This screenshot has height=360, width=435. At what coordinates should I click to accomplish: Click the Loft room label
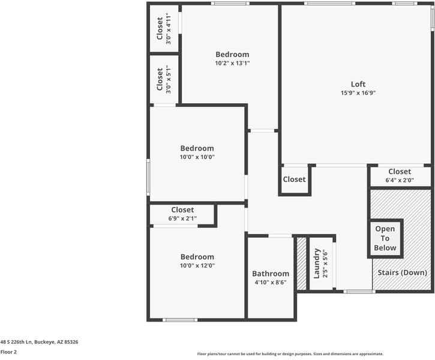click(x=358, y=84)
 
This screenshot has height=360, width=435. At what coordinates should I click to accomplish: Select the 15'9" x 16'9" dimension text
click(x=358, y=93)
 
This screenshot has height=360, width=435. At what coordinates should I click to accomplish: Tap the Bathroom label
click(x=270, y=274)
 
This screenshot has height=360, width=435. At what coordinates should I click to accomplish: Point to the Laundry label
click(x=316, y=263)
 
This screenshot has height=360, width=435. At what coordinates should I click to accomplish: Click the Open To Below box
click(x=385, y=238)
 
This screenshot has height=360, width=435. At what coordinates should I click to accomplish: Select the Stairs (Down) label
click(x=401, y=272)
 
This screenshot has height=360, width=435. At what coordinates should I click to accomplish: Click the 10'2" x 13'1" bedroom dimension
click(x=232, y=63)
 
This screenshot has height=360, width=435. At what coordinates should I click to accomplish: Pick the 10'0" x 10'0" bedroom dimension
click(x=197, y=157)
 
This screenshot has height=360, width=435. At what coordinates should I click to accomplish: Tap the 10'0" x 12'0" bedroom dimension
click(x=197, y=265)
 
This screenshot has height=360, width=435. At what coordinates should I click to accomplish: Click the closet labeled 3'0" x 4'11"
click(x=160, y=28)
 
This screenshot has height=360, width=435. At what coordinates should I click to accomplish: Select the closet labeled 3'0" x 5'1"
click(x=160, y=79)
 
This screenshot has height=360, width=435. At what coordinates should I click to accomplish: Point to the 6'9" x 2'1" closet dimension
click(x=182, y=218)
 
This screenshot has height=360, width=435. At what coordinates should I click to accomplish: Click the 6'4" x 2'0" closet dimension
click(x=399, y=180)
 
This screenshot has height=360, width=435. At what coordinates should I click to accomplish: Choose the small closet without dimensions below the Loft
click(x=294, y=179)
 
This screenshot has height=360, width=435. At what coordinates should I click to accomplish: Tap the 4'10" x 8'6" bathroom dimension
click(x=270, y=282)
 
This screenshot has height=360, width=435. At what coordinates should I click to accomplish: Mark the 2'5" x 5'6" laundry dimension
click(x=325, y=263)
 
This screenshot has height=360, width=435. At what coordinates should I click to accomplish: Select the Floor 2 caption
click(x=8, y=352)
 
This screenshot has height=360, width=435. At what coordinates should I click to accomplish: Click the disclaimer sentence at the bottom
click(x=290, y=354)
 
